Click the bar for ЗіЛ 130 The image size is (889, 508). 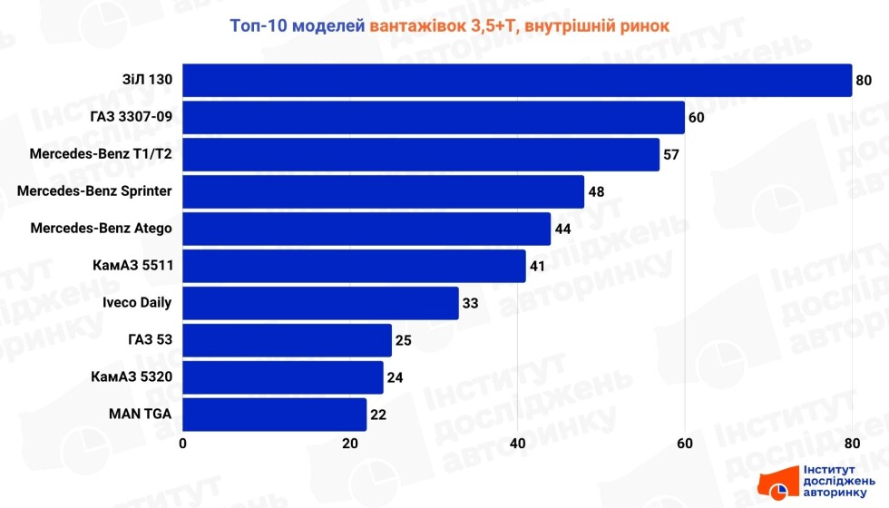pyautogui.click(x=517, y=81)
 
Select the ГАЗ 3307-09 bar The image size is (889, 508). pyautogui.click(x=434, y=118)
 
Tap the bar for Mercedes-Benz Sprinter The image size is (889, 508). pyautogui.click(x=384, y=191)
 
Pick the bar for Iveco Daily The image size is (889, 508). pyautogui.click(x=320, y=303)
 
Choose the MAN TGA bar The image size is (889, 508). pyautogui.click(x=275, y=415)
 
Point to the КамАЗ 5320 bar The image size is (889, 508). pyautogui.click(x=283, y=377)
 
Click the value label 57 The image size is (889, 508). pyautogui.click(x=671, y=155)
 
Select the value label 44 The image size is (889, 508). pyautogui.click(x=562, y=229)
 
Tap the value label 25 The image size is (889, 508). pyautogui.click(x=404, y=341)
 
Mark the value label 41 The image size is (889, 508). pyautogui.click(x=538, y=267)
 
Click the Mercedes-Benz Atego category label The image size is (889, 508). pyautogui.click(x=101, y=229)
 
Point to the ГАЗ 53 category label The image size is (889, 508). pyautogui.click(x=150, y=340)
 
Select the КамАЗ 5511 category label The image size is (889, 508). pyautogui.click(x=132, y=266)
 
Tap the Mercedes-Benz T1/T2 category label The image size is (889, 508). pyautogui.click(x=101, y=154)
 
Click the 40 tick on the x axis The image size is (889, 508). pyautogui.click(x=517, y=444)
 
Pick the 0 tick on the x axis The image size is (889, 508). pyautogui.click(x=183, y=444)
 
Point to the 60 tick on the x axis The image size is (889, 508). pyautogui.click(x=684, y=444)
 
